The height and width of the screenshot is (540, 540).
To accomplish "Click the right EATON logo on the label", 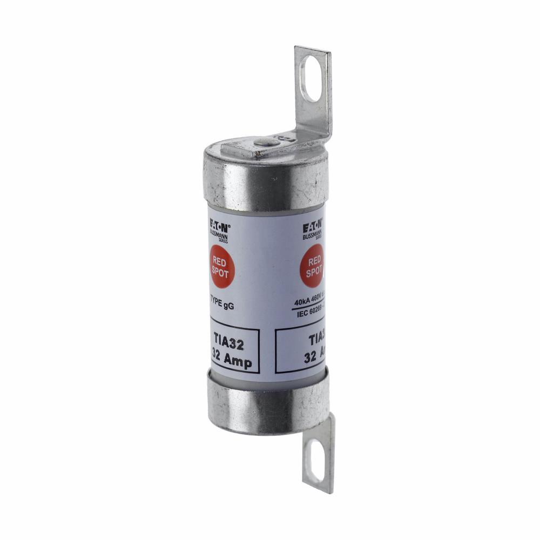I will [x=313, y=224].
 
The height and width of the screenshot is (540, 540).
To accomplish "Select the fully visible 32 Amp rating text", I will [x=232, y=362].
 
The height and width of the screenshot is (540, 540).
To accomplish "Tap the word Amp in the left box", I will [x=240, y=363].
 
